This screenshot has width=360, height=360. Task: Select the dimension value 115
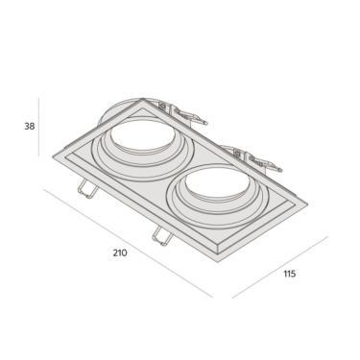289,274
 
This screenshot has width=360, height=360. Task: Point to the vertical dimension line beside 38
41,125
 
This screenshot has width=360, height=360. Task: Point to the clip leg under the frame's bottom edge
159,233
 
